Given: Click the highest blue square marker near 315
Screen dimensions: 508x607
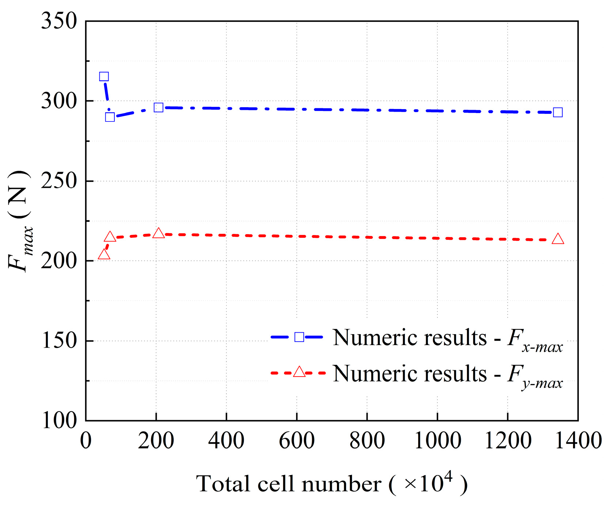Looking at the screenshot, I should [104, 76].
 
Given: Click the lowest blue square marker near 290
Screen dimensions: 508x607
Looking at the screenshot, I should [110, 117].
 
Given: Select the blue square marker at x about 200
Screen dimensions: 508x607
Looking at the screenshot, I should [158, 108].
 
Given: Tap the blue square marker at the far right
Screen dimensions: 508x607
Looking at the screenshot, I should [558, 112].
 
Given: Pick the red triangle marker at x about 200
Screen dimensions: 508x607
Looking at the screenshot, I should [158, 234].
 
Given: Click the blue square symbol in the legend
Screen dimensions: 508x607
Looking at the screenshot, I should [299, 337].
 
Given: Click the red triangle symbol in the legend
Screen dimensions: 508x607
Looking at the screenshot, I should [299, 372].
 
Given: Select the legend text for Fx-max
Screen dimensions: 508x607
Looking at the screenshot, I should [447, 339].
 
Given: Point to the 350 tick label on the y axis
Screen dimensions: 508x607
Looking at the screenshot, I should [59, 21].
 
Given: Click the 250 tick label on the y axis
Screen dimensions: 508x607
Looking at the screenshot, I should [59, 181].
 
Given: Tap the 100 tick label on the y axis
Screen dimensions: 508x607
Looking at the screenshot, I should [59, 421].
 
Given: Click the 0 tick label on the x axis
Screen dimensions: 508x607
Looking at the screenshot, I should [86, 440].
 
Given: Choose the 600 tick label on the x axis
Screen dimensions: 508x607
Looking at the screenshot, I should [297, 440].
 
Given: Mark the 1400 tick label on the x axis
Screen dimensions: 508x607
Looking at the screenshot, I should [578, 440].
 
